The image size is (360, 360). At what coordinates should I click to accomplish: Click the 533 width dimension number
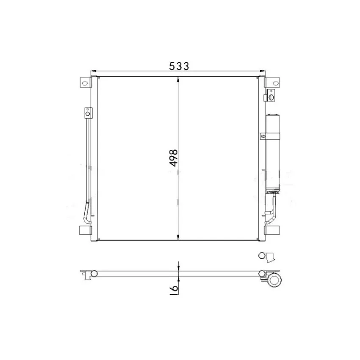(x=179, y=66)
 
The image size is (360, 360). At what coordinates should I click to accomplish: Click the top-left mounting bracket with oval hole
(x=85, y=83)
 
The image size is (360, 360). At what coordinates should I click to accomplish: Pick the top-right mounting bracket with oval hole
(x=272, y=83)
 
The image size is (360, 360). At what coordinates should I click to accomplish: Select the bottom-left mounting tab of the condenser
(x=85, y=230)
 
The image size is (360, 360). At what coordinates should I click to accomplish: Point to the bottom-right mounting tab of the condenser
(x=272, y=230)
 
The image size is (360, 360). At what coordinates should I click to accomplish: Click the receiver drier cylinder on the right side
(x=273, y=153)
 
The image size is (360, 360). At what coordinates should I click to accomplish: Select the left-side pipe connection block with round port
(x=88, y=113)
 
